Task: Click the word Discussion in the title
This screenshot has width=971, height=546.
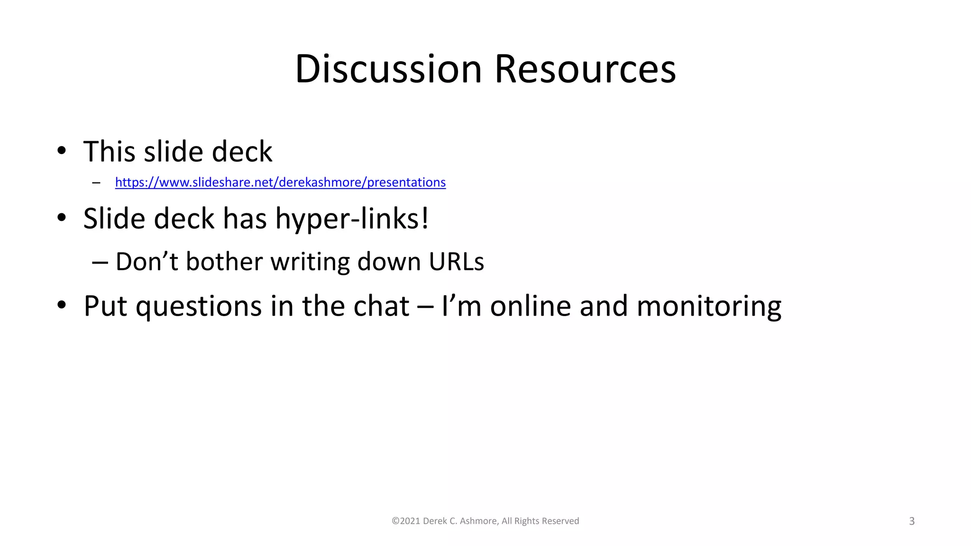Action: click(x=388, y=69)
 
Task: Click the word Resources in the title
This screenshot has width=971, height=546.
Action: click(x=585, y=69)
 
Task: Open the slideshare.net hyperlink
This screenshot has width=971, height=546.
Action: click(x=280, y=182)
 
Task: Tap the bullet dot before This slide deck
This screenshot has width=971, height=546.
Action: click(x=62, y=151)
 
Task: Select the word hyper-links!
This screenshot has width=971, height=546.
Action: click(x=352, y=219)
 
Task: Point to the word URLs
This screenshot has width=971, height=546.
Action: click(x=456, y=262)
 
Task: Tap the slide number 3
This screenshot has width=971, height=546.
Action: click(x=911, y=521)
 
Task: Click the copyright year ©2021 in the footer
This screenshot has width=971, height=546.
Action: click(x=406, y=521)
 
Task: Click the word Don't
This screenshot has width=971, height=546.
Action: click(x=147, y=262)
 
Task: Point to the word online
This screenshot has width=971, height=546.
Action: click(x=530, y=306)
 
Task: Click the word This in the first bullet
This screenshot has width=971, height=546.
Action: click(x=110, y=152)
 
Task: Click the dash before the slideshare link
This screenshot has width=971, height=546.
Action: click(x=97, y=182)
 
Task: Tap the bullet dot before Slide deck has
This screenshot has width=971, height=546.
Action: click(x=62, y=218)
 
